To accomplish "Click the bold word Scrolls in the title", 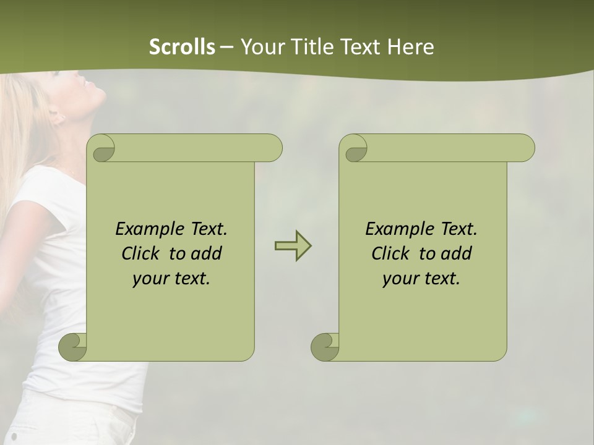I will pyautogui.click(x=182, y=46).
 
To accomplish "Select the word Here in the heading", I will pyautogui.click(x=410, y=46).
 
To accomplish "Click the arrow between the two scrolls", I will pyautogui.click(x=293, y=246).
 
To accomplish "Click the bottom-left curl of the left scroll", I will pyautogui.click(x=73, y=347).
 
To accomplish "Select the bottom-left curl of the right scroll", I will pyautogui.click(x=325, y=347).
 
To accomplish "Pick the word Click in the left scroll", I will pyautogui.click(x=142, y=253).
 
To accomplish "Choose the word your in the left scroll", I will pyautogui.click(x=149, y=278).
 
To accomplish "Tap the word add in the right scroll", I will pyautogui.click(x=457, y=253).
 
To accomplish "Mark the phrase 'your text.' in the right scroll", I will pyautogui.click(x=421, y=278).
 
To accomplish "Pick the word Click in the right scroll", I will pyautogui.click(x=392, y=253).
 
